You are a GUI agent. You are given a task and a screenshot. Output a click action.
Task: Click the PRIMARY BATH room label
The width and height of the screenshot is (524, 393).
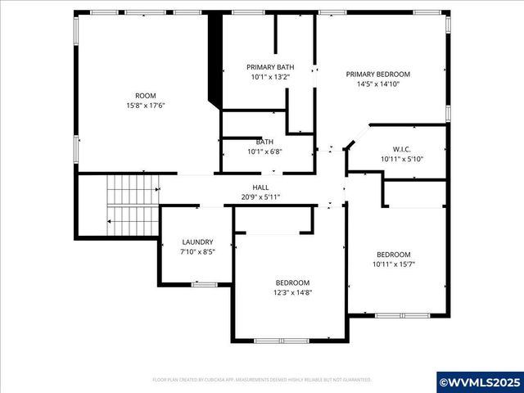coord(270,67)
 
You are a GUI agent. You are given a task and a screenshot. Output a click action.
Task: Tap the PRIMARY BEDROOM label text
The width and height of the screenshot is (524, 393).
coord(377,74)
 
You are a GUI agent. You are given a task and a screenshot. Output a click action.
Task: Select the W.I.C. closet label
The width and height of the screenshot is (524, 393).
coord(401,149)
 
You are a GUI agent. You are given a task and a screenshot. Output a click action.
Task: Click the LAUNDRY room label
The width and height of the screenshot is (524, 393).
coord(197,242)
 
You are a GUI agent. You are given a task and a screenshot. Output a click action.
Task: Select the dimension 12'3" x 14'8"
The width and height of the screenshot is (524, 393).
coord(292,292)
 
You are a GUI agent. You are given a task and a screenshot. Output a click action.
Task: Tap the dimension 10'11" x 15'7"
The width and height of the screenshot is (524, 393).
coord(394,264)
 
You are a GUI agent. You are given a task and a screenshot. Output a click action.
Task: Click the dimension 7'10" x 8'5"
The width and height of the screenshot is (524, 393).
coord(197,251)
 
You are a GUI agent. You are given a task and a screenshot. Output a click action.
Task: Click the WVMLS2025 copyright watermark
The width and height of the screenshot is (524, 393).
coord(479,382)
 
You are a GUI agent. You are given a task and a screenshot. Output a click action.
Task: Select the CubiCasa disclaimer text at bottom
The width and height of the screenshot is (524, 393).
coord(262,380)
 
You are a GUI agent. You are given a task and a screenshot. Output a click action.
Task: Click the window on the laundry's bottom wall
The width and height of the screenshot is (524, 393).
coord(204,284)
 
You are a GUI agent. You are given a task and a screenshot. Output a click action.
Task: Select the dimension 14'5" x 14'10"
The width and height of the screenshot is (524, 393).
coord(377,84)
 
